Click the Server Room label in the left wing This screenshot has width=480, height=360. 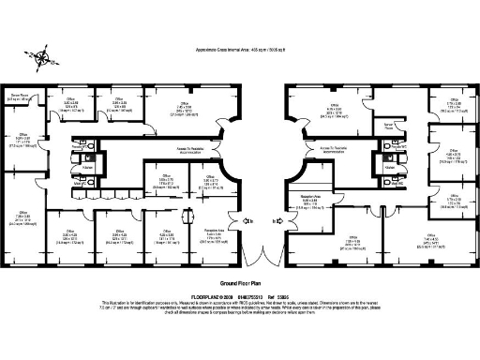point(22,97)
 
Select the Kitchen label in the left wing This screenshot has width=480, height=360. point(86,166)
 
